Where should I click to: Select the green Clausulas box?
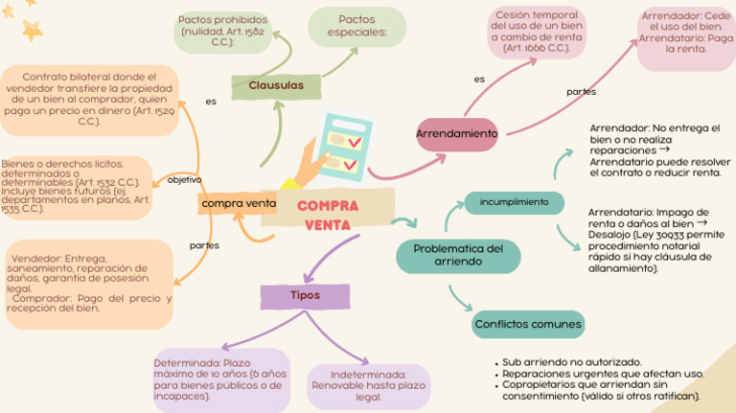tap(276, 86)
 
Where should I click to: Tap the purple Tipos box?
tap(305, 295)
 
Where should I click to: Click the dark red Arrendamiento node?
tap(457, 135)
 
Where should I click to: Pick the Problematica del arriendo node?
tap(458, 255)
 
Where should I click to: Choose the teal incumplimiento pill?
tap(514, 202)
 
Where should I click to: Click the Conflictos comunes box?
tap(527, 325)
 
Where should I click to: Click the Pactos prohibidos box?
tap(221, 32)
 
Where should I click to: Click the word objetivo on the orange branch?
tap(185, 180)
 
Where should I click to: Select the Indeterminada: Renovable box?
tap(368, 386)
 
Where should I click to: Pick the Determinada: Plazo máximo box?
tap(219, 379)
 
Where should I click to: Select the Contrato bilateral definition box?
tap(88, 99)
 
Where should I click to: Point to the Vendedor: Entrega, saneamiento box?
tap(89, 284)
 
